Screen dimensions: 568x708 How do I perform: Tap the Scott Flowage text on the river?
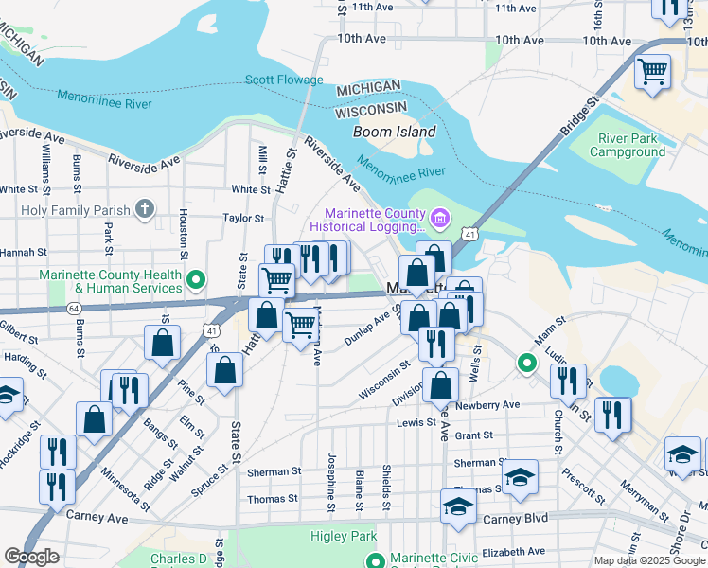tap(284, 80)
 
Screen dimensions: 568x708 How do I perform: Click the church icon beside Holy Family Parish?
tap(144, 208)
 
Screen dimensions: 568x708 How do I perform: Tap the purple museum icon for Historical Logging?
tap(439, 220)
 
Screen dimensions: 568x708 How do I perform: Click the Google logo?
tap(31, 557)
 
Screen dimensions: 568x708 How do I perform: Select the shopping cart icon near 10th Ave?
tap(652, 71)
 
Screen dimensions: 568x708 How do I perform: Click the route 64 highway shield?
tap(73, 309)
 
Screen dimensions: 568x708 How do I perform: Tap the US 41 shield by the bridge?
tap(469, 232)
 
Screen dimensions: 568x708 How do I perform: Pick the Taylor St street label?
tap(243, 218)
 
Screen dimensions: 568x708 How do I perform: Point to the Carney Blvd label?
tap(522, 519)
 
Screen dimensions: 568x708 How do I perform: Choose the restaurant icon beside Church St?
tap(568, 380)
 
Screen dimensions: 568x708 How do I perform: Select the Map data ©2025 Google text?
tap(648, 560)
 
